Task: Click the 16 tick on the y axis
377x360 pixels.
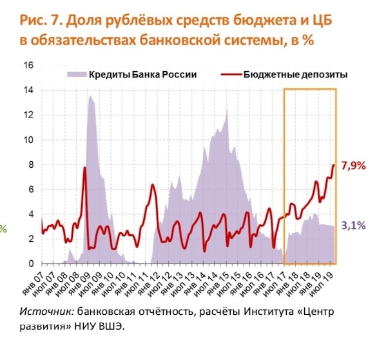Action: click(x=28, y=66)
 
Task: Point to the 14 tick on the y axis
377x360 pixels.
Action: click(x=28, y=91)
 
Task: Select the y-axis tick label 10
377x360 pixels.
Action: click(x=28, y=140)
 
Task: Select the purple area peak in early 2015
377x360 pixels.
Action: click(x=226, y=110)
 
